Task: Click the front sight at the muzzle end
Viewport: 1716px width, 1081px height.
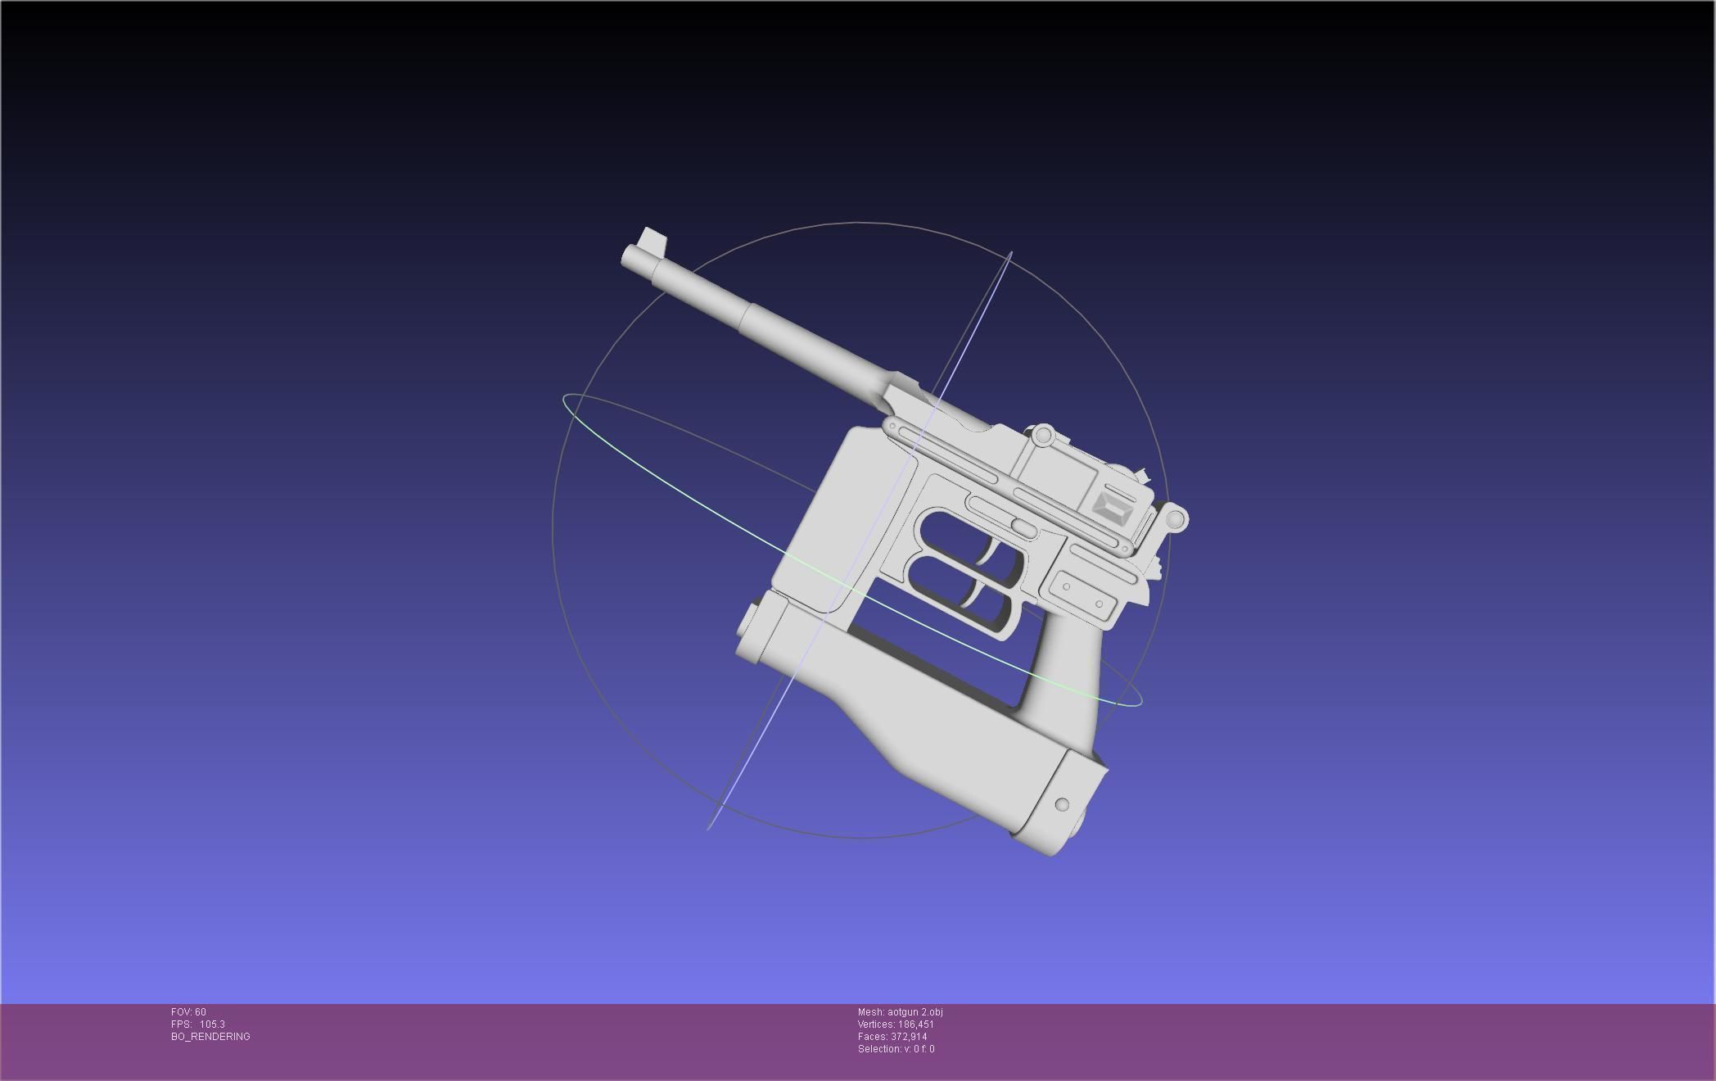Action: (654, 240)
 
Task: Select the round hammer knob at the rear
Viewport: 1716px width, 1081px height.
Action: (1176, 518)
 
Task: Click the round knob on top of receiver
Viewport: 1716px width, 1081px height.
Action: (1042, 436)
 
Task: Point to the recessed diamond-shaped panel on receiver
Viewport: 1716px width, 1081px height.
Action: (1114, 509)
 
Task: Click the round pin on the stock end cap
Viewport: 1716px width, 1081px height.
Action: (1062, 804)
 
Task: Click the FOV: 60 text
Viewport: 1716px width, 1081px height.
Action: (188, 1012)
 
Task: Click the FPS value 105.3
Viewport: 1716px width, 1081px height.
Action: (212, 1024)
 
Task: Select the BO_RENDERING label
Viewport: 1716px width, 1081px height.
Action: (210, 1037)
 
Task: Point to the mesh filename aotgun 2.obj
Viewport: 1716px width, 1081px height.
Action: (914, 1012)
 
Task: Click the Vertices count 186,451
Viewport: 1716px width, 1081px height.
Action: (915, 1024)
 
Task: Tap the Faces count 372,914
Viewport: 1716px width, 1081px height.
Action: (909, 1037)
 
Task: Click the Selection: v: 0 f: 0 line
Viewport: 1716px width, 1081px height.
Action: (896, 1049)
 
